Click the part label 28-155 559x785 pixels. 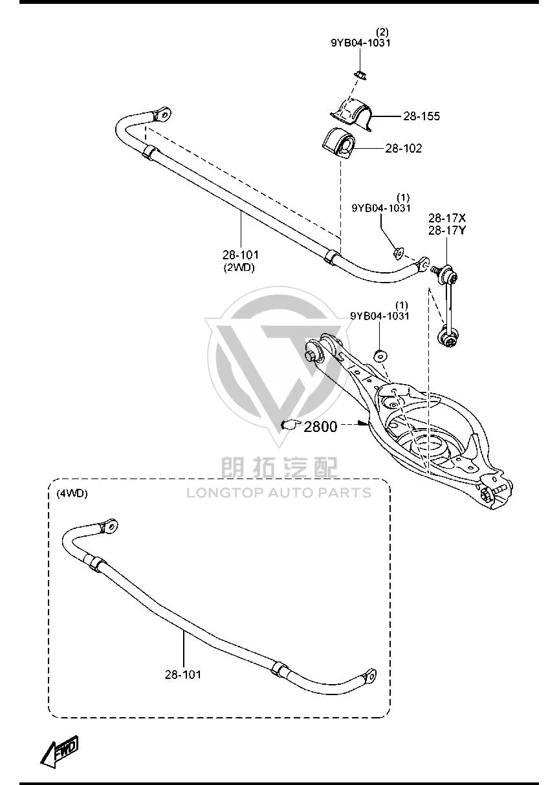[x=421, y=116]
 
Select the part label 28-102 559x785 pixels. [x=403, y=148]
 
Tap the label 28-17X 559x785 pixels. [x=447, y=219]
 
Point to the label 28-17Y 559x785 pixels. [x=447, y=231]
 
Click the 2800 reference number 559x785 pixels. [x=320, y=427]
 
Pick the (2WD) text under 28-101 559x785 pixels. [x=239, y=268]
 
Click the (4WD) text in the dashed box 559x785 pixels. [x=72, y=493]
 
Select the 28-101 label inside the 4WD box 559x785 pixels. [x=183, y=674]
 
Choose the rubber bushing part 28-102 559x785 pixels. [x=338, y=144]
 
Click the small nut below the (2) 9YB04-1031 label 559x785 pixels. [x=360, y=74]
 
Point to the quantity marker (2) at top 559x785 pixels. [x=382, y=32]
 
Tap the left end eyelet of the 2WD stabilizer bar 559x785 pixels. [x=163, y=114]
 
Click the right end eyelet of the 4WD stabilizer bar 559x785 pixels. [x=370, y=675]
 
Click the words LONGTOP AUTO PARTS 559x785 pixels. [x=279, y=493]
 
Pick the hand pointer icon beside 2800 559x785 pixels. [x=290, y=425]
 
